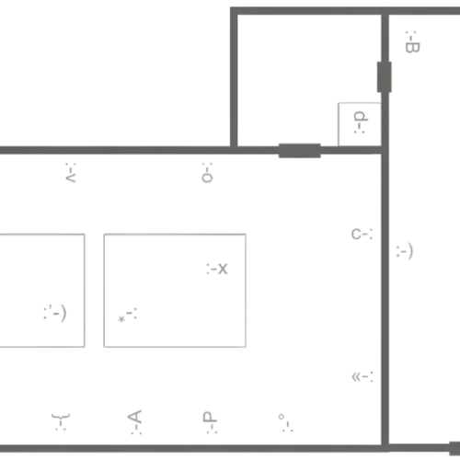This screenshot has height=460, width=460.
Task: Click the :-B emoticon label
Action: (412, 42)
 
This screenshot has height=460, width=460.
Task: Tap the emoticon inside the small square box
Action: (360, 122)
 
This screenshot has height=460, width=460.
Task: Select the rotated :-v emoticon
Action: (71, 173)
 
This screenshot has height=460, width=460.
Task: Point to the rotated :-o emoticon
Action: (207, 173)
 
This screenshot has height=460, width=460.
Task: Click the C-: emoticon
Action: (362, 235)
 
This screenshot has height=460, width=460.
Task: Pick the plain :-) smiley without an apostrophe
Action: (405, 251)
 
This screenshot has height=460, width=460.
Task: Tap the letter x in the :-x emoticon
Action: (223, 269)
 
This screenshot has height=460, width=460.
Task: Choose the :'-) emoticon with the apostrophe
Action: (55, 313)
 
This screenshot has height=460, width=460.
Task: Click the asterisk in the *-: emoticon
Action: (121, 319)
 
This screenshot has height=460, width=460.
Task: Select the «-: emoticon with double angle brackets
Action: (362, 377)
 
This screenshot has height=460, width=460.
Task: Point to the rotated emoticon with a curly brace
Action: (61, 421)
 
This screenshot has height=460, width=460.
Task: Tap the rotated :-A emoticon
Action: (134, 422)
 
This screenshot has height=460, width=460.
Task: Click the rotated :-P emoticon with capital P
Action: (210, 422)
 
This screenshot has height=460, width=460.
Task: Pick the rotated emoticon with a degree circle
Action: (285, 423)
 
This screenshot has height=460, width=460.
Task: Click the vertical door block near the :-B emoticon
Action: (385, 76)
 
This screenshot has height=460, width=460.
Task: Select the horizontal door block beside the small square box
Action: (300, 151)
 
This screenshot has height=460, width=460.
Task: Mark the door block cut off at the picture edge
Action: (454, 448)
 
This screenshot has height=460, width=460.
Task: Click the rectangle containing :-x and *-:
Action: (175, 235)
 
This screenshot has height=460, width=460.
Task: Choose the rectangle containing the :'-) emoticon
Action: (85, 291)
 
